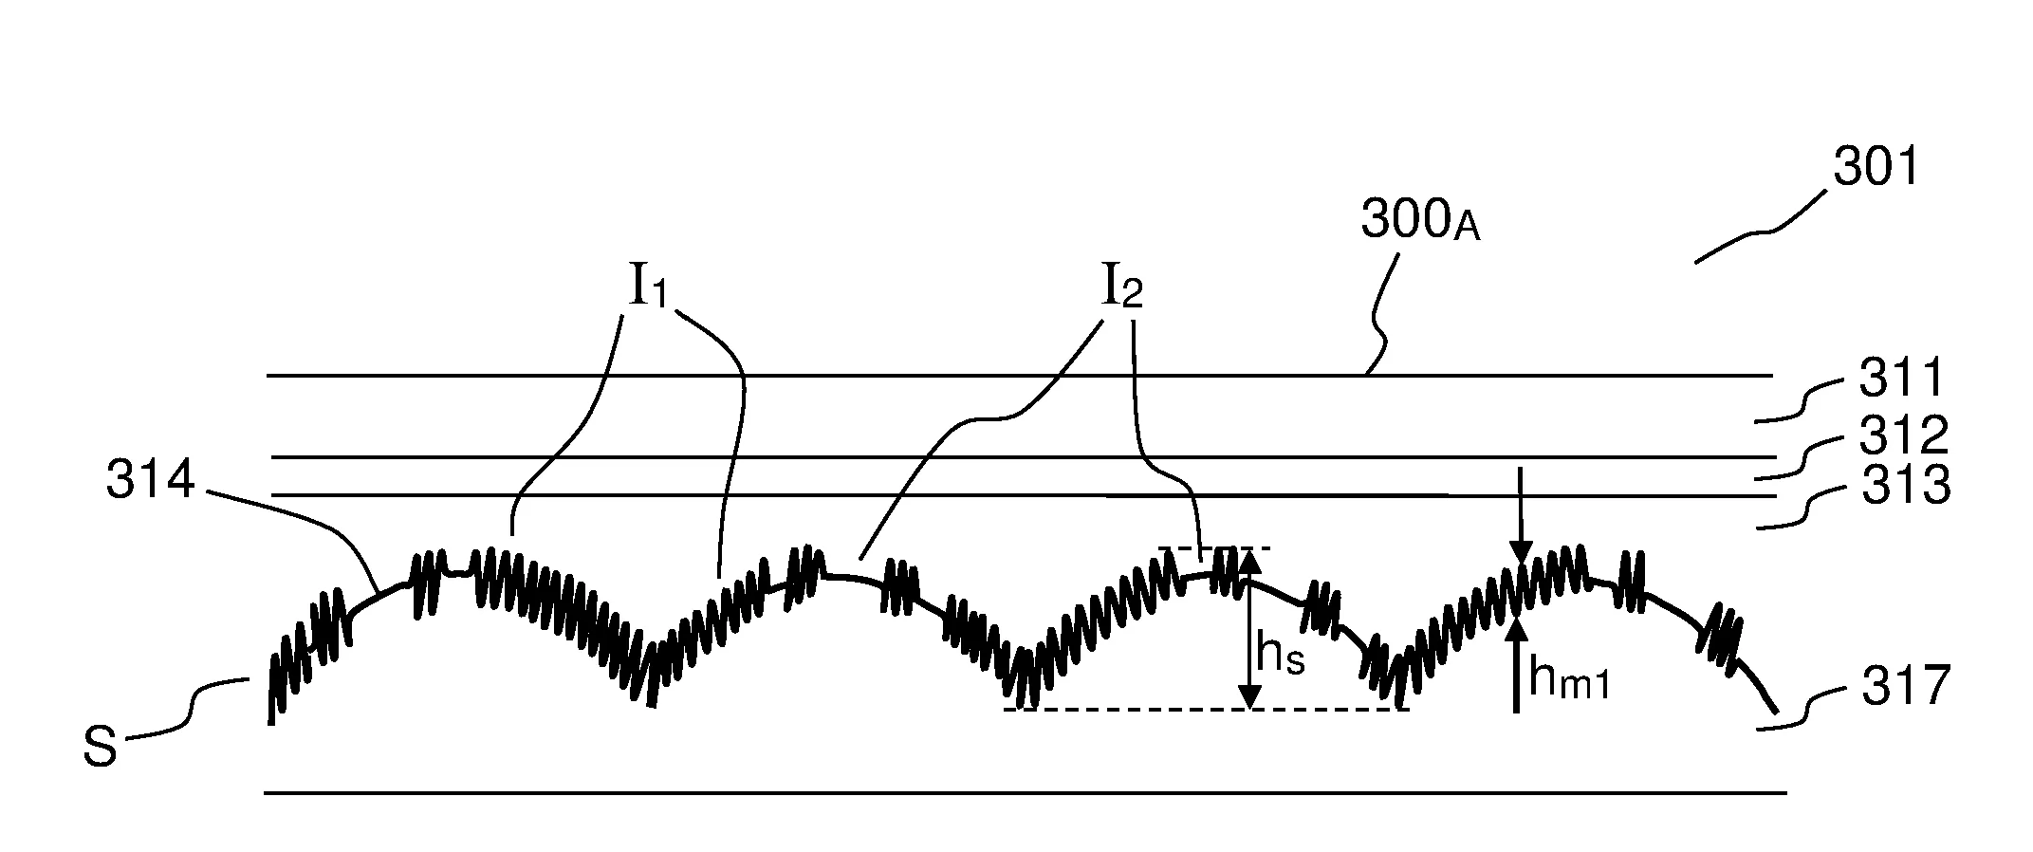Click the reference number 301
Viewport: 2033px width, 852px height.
(x=1876, y=168)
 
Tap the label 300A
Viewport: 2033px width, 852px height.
(x=1420, y=220)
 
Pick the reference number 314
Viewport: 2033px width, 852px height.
(x=150, y=481)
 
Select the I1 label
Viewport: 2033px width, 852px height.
(x=649, y=285)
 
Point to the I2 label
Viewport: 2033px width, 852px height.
(x=1120, y=286)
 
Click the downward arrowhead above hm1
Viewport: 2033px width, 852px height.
(x=1521, y=553)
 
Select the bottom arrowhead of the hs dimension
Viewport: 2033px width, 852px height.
(x=1250, y=696)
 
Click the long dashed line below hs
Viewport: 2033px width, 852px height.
(x=1206, y=710)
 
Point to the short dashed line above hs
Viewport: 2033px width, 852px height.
(x=1214, y=548)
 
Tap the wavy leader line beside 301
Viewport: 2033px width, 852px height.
(x=1761, y=227)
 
